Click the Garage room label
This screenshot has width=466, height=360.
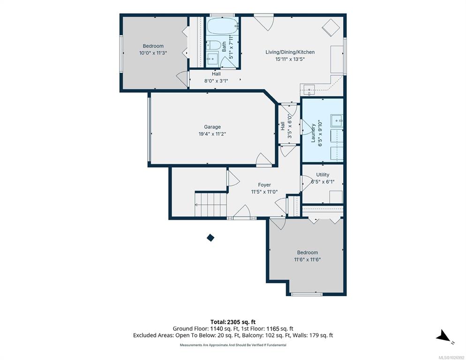(x=212, y=127)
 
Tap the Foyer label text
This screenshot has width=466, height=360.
(x=264, y=185)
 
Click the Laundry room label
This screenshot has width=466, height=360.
(x=313, y=133)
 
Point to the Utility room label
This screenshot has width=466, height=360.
(x=323, y=174)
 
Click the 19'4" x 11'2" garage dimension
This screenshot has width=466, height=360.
(x=212, y=134)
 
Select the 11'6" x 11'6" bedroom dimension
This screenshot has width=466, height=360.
(x=307, y=260)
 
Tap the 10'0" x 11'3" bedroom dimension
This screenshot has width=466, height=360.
(x=153, y=53)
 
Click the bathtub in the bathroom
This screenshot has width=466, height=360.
(x=223, y=26)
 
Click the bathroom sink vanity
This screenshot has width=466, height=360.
(x=212, y=59)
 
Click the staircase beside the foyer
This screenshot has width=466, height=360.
(x=211, y=204)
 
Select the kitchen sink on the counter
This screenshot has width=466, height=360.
(x=309, y=89)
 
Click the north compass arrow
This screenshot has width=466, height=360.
(x=443, y=336)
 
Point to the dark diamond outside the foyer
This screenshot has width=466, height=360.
(x=210, y=238)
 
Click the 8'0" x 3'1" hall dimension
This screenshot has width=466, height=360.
(x=216, y=80)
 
